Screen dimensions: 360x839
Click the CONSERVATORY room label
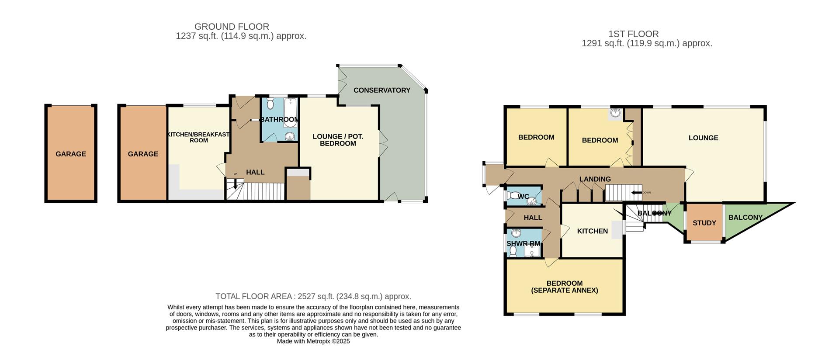tap(381, 90)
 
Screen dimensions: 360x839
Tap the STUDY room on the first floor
tap(704, 223)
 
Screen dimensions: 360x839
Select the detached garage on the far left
tap(71, 154)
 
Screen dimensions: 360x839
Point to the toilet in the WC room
tap(513, 196)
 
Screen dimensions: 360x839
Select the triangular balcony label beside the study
tap(745, 217)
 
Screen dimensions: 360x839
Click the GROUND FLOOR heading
tap(232, 27)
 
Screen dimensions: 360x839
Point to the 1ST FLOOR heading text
tap(633, 34)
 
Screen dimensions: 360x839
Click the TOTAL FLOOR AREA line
tap(313, 297)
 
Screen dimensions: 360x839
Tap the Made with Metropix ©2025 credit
tap(313, 341)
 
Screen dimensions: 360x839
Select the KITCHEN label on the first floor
tap(592, 231)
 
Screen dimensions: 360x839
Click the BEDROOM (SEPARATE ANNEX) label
tap(564, 287)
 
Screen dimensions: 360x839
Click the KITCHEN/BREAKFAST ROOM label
tap(199, 137)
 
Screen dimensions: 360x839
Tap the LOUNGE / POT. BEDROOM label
tap(338, 140)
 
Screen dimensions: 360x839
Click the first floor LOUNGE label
tap(703, 138)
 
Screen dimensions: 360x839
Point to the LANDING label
tap(595, 179)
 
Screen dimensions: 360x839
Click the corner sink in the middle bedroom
tap(616, 113)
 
